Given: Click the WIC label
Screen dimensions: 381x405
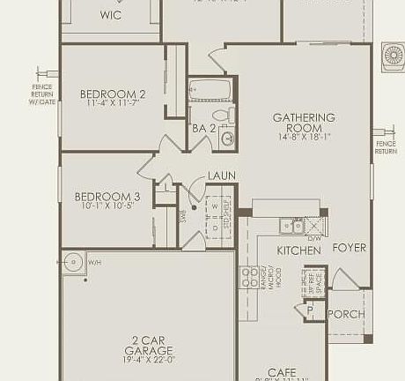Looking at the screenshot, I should click(x=111, y=15).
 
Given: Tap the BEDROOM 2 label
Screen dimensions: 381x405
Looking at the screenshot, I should click(x=113, y=94).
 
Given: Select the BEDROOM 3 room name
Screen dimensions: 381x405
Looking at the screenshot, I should click(x=107, y=197).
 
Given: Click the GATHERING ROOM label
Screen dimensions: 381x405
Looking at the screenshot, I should click(x=304, y=123).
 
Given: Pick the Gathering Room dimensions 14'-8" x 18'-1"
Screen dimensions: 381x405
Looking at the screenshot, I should click(x=304, y=137).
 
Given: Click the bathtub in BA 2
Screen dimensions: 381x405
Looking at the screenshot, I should click(x=210, y=89).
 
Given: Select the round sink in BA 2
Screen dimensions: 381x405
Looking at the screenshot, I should click(x=228, y=138).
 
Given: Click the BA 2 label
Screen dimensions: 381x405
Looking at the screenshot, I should click(x=204, y=129).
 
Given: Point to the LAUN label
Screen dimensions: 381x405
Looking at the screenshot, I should click(x=221, y=176).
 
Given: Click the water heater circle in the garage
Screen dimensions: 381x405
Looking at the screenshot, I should click(x=73, y=262).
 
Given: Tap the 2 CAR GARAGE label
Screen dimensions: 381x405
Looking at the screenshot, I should click(x=148, y=345).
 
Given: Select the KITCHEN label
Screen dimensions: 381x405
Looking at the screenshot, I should click(x=299, y=250).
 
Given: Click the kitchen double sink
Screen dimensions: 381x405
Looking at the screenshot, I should click(x=291, y=227).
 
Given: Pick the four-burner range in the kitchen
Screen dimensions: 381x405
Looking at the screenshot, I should click(x=250, y=279).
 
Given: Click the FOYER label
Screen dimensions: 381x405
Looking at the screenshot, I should click(x=349, y=248).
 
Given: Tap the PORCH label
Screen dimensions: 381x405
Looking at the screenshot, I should click(x=346, y=314).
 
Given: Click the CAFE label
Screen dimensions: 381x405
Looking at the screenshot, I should click(x=282, y=371).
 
